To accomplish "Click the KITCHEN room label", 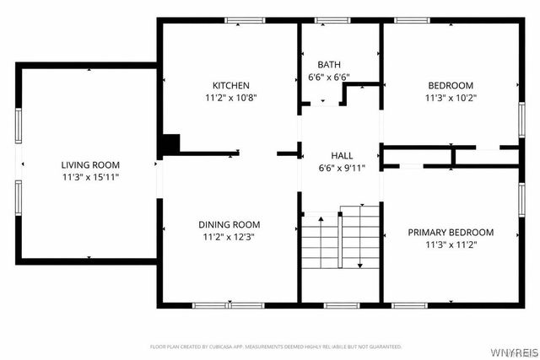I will [x=230, y=85].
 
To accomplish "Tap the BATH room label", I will [x=329, y=65].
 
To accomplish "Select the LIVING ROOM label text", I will [x=90, y=165].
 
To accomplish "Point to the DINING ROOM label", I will [x=229, y=224].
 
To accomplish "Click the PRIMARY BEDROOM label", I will [x=451, y=232].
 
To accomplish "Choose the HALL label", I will [x=342, y=155].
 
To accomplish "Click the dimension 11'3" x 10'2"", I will [x=451, y=97].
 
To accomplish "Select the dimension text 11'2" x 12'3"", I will [x=229, y=237].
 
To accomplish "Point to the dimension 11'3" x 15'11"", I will [x=90, y=178].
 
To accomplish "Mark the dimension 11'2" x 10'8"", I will [x=230, y=97].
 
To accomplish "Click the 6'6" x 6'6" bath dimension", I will [x=329, y=78].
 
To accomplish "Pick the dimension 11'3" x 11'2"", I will [x=451, y=244].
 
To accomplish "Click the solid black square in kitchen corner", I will [x=170, y=144].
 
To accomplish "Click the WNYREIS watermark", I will [x=510, y=347].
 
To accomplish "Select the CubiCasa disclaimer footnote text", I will [x=276, y=347].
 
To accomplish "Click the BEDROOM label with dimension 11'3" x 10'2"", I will [x=451, y=85].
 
